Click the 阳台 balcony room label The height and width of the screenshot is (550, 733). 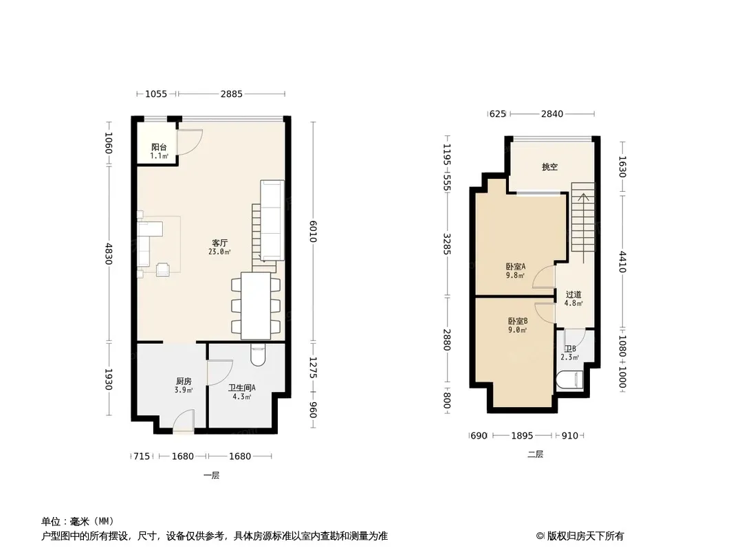(x=159, y=147)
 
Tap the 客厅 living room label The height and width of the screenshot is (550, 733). (x=220, y=243)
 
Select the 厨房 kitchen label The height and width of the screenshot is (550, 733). (x=184, y=382)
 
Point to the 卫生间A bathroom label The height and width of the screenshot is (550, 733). (x=241, y=388)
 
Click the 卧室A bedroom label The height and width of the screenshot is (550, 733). (x=516, y=266)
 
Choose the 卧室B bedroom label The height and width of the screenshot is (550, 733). (x=518, y=321)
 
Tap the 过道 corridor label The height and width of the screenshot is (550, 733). (x=573, y=294)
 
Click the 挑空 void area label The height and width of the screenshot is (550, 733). (x=550, y=167)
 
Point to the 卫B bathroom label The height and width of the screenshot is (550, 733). (x=570, y=349)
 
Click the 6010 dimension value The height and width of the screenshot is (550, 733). (x=313, y=231)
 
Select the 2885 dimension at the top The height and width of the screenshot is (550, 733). (x=232, y=94)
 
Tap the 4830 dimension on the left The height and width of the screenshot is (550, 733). (x=109, y=254)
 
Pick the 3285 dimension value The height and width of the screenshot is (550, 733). (x=447, y=244)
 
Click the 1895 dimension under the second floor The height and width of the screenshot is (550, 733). (x=522, y=435)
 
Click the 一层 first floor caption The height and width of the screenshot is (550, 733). (x=211, y=475)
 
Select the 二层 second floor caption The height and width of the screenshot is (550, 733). (x=535, y=454)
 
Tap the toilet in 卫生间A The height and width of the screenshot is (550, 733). (x=258, y=355)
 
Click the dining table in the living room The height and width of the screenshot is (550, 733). (x=256, y=306)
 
